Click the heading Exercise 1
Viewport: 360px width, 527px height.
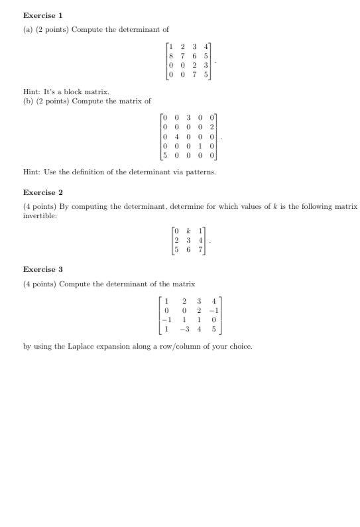pos(43,15)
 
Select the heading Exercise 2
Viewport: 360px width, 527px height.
pos(43,192)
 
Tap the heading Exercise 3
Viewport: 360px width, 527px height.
pos(43,269)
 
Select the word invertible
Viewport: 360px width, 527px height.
pos(42,215)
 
